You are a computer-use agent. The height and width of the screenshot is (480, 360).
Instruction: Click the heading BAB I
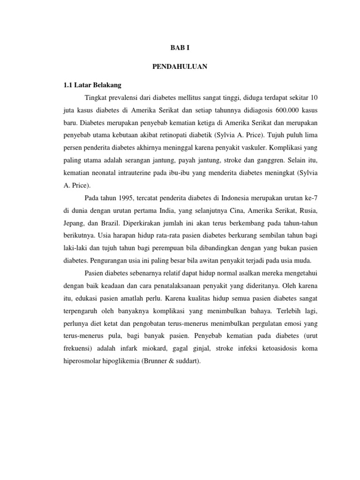[180, 48]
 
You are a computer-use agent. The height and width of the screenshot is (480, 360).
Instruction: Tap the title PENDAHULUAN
[180, 67]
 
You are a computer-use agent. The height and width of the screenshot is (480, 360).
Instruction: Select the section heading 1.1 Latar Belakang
[92, 85]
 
